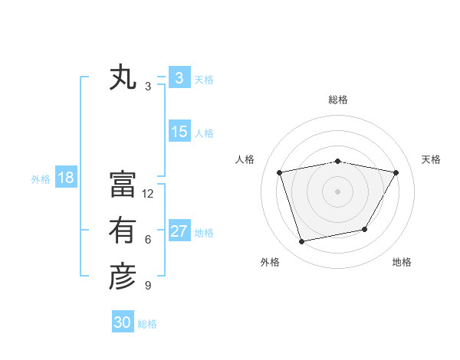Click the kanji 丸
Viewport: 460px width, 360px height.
tap(123, 79)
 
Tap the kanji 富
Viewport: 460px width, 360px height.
tap(123, 184)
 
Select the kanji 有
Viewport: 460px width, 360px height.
tap(123, 230)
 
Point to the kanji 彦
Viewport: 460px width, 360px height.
tap(123, 277)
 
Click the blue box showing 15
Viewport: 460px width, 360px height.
tap(179, 132)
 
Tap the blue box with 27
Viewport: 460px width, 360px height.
tap(179, 231)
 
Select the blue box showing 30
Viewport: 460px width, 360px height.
tap(123, 322)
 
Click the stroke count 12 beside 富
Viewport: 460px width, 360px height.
tap(148, 194)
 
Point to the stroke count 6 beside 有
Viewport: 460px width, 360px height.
tap(148, 240)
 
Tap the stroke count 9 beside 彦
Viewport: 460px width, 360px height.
tap(148, 286)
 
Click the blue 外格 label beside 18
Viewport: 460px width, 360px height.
tap(41, 179)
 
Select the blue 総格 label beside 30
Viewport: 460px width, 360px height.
tap(147, 324)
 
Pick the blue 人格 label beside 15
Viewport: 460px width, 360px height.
tap(204, 133)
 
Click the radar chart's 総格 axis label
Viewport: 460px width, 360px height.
tap(337, 100)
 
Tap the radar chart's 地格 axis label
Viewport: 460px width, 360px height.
tap(402, 262)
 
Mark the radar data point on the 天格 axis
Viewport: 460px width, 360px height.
tap(396, 172)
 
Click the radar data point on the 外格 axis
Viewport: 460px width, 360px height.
tap(302, 241)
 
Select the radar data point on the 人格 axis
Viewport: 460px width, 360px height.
tap(280, 172)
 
